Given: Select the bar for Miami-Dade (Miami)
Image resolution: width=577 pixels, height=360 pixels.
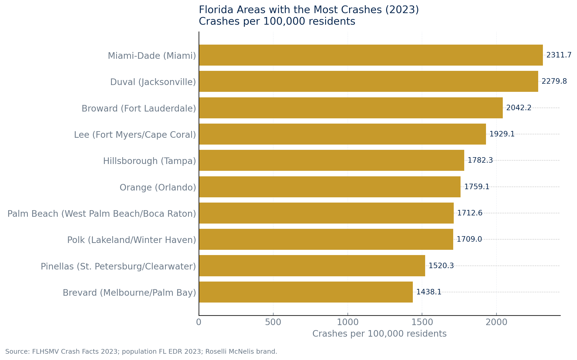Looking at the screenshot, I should [371, 55].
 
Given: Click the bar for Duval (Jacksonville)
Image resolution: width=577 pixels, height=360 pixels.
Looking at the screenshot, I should [368, 81].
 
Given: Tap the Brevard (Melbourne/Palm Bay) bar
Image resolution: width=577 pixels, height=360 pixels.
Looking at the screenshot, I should [306, 292].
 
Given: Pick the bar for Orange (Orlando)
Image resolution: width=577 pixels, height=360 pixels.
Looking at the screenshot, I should [329, 187].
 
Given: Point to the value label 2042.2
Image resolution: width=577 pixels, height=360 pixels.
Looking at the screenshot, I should [519, 108].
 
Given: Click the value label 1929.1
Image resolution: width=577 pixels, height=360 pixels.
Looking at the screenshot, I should [502, 134].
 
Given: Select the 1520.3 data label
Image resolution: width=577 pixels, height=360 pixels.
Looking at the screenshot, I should [441, 266].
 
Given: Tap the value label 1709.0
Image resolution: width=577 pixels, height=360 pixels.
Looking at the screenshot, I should [469, 239].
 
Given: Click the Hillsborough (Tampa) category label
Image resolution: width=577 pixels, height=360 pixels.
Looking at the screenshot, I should [149, 161].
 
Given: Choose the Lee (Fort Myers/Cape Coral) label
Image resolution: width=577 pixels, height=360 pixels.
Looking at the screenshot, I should [135, 135].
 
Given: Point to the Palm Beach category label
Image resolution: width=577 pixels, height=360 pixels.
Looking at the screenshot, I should [102, 214].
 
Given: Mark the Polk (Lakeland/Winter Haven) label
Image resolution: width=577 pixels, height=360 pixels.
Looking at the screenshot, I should [131, 240].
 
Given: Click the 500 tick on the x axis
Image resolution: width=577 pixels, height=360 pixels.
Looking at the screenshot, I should [273, 322].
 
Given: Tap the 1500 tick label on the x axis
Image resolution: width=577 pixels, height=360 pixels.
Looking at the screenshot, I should [422, 322].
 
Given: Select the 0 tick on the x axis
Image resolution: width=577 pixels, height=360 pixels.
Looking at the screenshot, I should [199, 322].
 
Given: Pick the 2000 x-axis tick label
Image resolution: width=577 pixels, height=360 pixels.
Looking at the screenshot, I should [496, 322].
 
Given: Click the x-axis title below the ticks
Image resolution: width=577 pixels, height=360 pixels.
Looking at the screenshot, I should [379, 334].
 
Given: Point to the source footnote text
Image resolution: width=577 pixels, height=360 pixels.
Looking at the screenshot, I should [141, 352].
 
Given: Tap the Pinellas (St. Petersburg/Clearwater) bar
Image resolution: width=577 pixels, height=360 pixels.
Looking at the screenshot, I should [312, 266].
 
